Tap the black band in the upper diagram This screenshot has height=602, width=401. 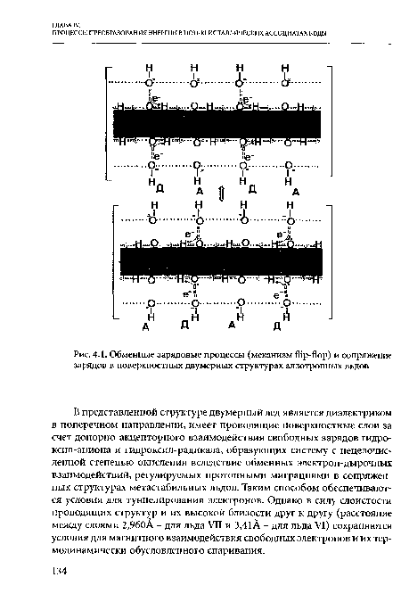pos(218,122)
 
